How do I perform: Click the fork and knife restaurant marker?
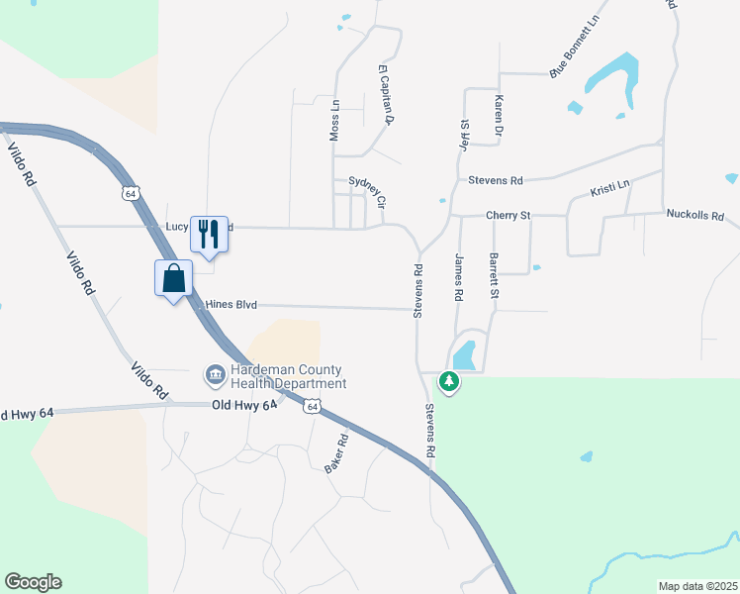209,235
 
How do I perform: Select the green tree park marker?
449,381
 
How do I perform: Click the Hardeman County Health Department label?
288,376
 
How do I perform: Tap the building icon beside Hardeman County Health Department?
215,375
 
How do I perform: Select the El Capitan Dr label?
386,94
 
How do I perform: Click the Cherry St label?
509,215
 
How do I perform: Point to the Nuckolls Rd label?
695,214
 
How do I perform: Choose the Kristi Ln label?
609,188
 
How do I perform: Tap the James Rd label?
458,277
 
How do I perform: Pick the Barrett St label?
493,275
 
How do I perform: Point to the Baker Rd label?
337,452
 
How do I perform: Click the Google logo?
33,582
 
